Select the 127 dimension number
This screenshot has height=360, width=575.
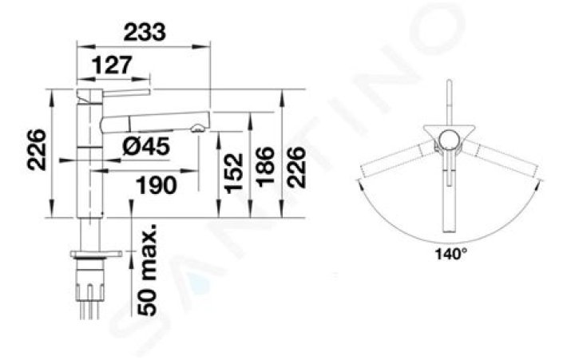click(111, 65)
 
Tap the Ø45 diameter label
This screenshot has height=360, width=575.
click(146, 146)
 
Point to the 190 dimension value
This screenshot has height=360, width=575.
click(157, 184)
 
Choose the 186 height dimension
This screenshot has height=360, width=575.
click(265, 167)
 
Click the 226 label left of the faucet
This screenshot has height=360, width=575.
click(37, 149)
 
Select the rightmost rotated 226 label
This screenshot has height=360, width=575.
click(295, 167)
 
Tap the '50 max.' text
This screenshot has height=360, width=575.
click(147, 270)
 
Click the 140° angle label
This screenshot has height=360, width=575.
click(451, 253)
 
